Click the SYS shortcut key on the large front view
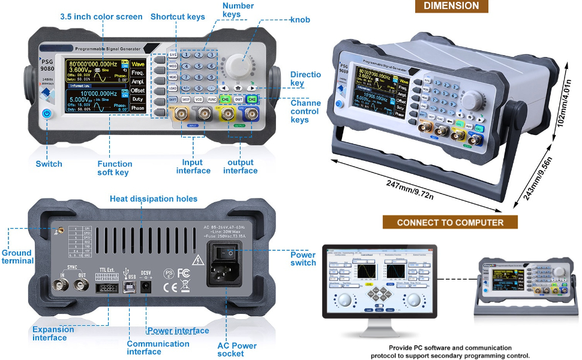point(173,55)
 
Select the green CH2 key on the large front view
point(253,100)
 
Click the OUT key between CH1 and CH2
point(238,100)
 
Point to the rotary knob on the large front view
point(239,64)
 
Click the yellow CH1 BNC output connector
point(227,114)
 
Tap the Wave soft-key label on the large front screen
point(138,64)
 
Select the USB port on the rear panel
point(128,287)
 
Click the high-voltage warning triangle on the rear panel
point(197,259)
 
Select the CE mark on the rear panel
point(170,287)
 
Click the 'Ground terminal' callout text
point(17,257)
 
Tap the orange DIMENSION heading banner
point(451,6)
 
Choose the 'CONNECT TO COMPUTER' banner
point(451,222)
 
